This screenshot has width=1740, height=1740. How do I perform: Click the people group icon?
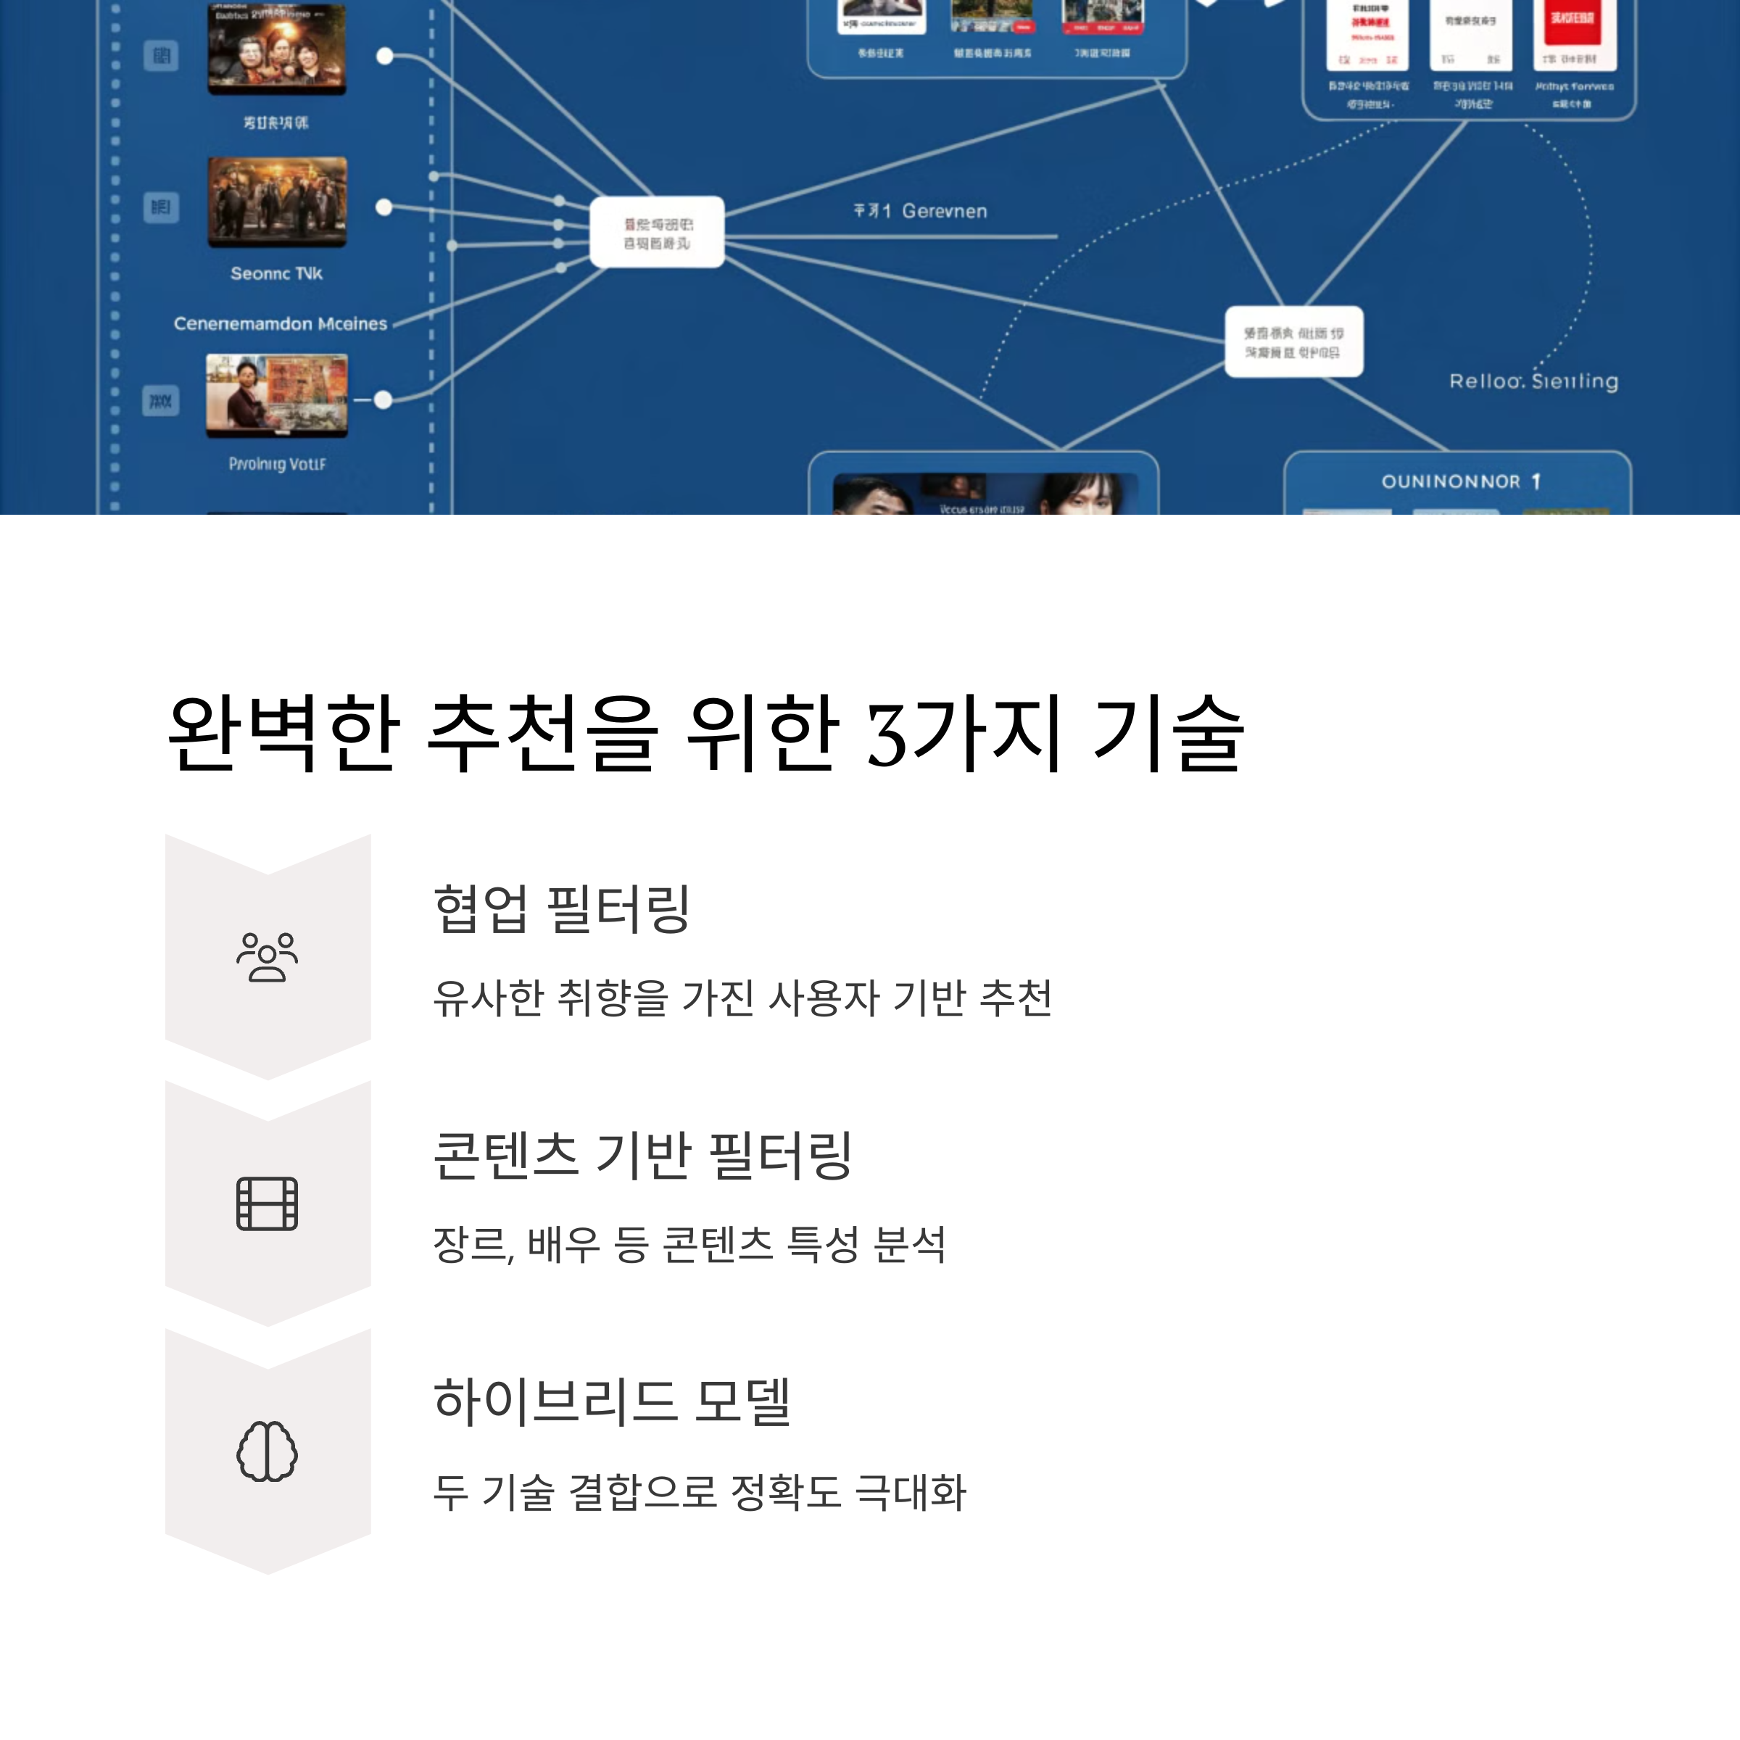[267, 956]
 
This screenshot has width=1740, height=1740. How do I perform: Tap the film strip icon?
[267, 1203]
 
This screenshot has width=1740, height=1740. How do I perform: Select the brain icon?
[267, 1451]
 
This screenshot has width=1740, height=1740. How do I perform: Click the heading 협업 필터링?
[561, 908]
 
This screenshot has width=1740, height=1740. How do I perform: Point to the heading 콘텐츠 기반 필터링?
[642, 1155]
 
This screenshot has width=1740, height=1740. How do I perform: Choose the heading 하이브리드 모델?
[613, 1401]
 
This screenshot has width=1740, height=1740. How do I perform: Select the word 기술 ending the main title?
[1168, 734]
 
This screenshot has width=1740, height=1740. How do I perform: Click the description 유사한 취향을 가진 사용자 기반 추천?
[742, 998]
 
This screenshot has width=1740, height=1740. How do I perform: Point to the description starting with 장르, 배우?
[689, 1245]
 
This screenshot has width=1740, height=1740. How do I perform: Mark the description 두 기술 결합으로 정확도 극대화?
[699, 1492]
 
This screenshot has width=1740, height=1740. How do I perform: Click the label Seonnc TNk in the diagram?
[275, 273]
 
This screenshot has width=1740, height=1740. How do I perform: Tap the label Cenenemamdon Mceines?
[280, 323]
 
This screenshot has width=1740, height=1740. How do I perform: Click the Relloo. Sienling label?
[1533, 381]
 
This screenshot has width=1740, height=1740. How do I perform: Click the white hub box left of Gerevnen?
[657, 232]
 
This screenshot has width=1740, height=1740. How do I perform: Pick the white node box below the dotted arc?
[1293, 342]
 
